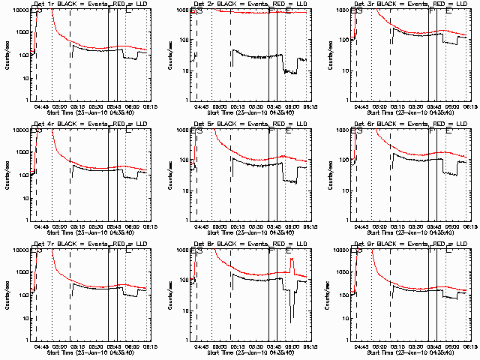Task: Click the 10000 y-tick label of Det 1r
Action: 20,10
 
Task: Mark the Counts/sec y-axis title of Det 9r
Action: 326,295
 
